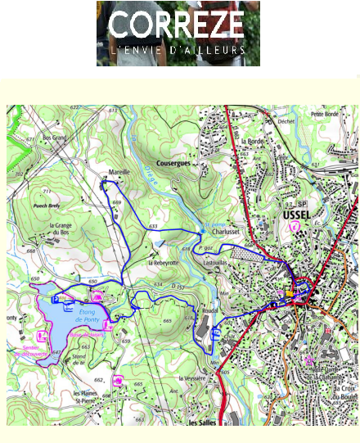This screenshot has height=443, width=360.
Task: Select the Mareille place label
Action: (x=120, y=172)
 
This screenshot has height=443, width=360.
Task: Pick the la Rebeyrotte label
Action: (x=163, y=263)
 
